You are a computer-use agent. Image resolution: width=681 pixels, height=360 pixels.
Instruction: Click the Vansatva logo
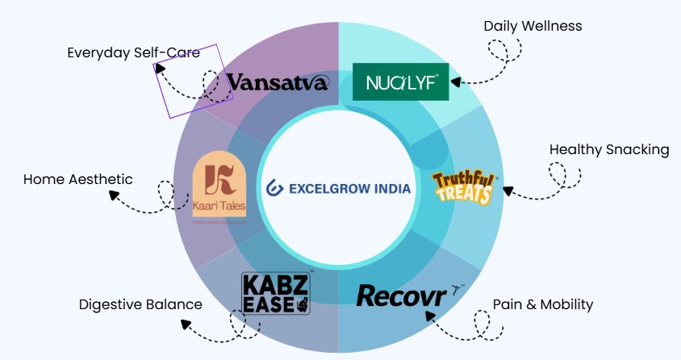coord(278,82)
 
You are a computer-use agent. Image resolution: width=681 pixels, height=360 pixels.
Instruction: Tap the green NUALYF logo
coord(400,82)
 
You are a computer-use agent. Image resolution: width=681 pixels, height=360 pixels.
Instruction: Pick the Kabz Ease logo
coord(276,293)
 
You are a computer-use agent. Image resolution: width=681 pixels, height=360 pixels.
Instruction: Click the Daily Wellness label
coord(533,26)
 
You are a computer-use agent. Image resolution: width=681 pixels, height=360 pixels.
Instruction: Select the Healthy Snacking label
coord(609,149)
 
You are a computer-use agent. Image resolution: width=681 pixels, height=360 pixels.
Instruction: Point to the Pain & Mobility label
coord(543,304)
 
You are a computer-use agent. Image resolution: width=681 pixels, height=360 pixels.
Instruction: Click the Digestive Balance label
coord(140,304)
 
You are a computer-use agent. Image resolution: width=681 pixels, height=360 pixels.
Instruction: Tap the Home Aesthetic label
coord(77,179)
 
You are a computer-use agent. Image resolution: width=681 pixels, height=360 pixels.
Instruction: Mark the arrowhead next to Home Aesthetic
coord(112,196)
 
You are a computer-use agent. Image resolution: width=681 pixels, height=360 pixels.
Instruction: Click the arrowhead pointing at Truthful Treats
coord(508,190)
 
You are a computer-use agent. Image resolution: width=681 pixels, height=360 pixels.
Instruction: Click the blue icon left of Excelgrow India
coord(274,188)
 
